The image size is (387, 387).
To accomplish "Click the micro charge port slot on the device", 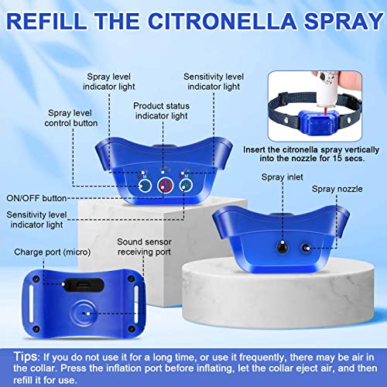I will (84, 284).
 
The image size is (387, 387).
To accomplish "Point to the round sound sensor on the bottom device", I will (83, 316).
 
